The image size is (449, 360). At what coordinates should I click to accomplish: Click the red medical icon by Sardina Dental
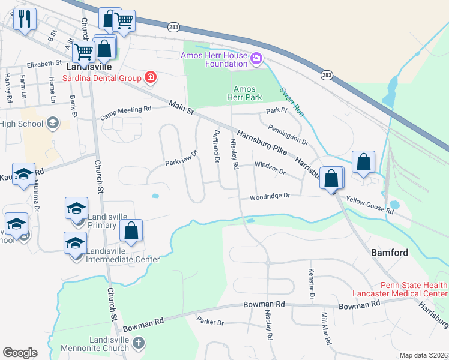(149, 77)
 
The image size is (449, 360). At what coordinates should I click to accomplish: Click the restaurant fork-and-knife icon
(25, 19)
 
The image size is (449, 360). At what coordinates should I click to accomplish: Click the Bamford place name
(390, 253)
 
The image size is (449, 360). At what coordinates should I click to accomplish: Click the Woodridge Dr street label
(270, 196)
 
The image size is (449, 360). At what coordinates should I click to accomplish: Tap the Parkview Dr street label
(181, 159)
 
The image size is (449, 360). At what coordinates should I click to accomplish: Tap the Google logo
(20, 353)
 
